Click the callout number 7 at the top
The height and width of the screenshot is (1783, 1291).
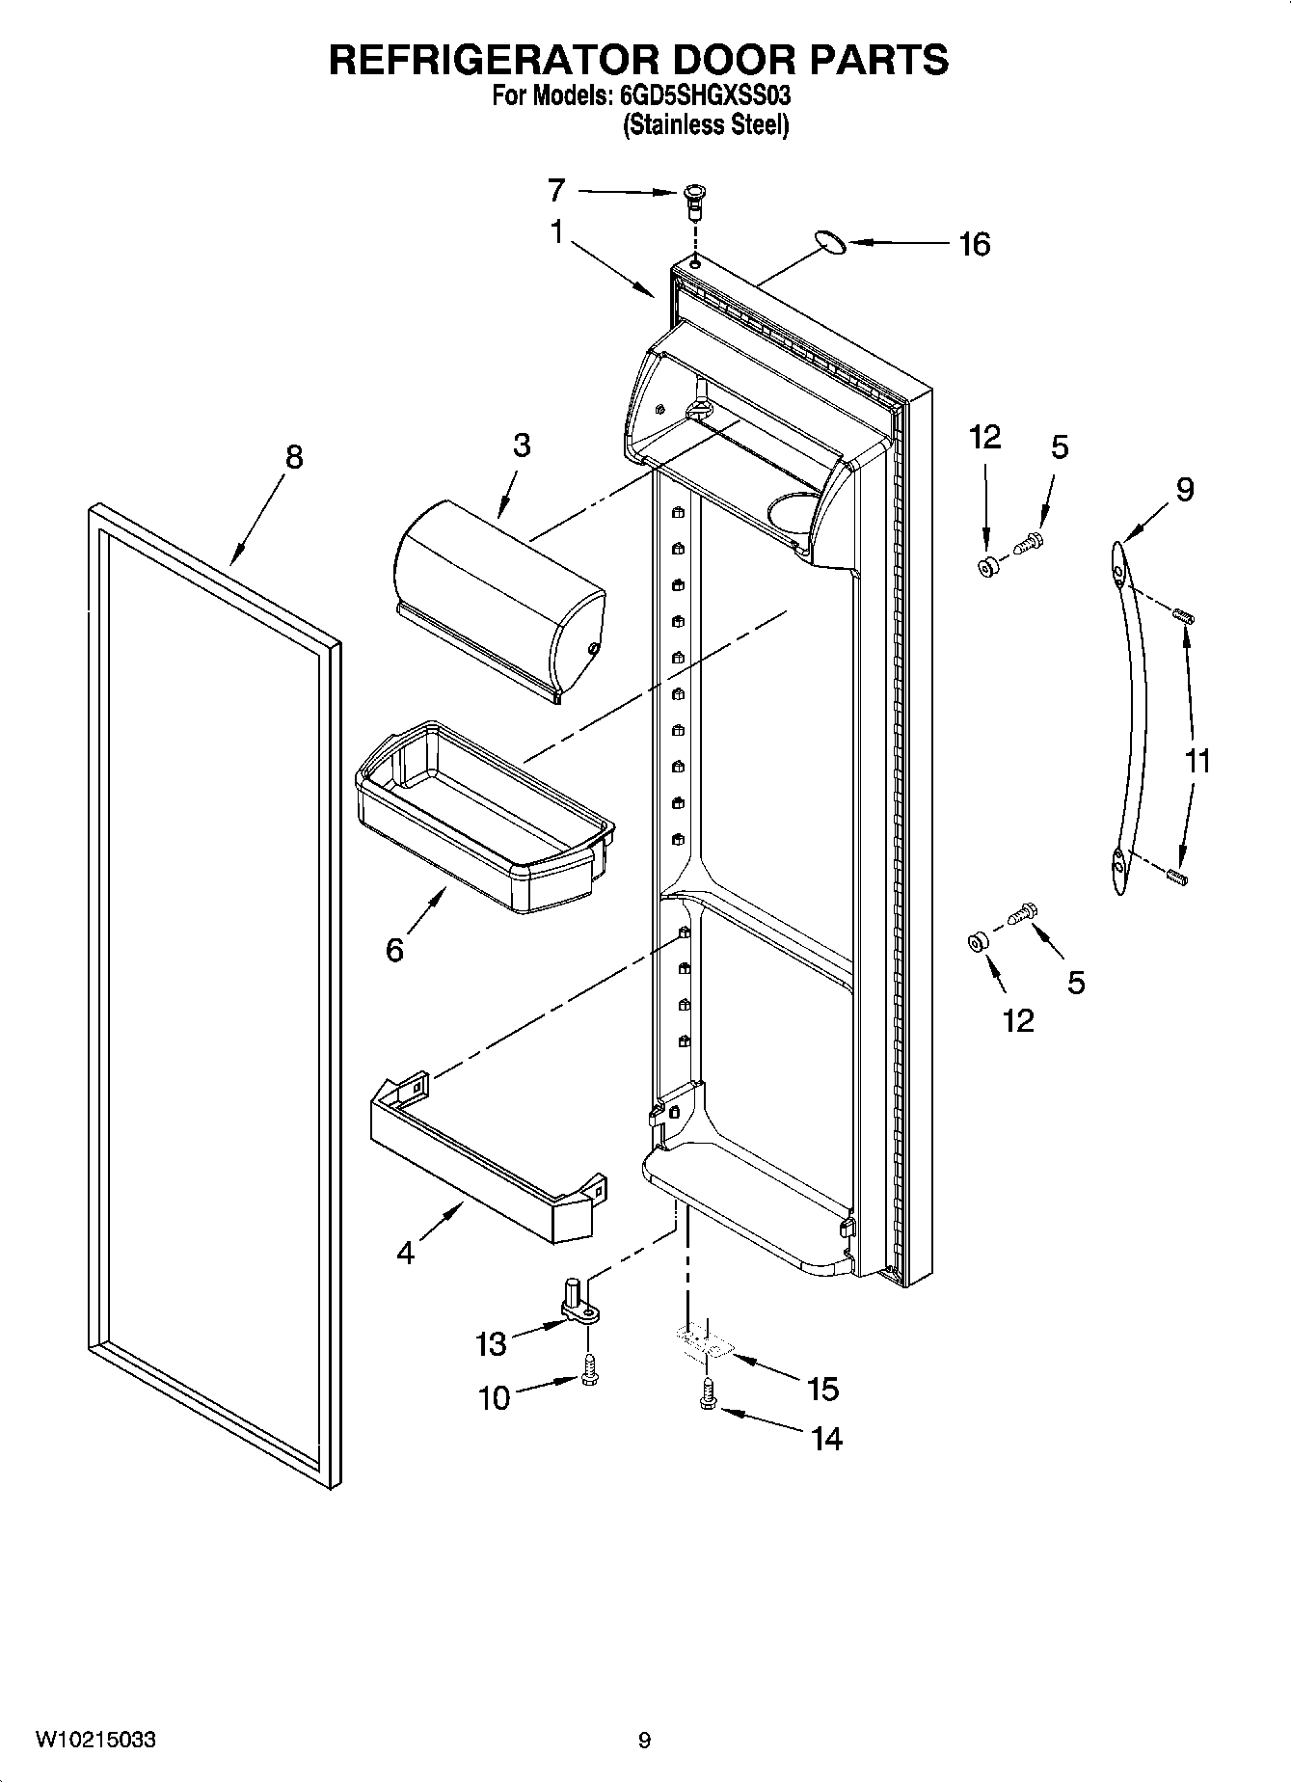[556, 191]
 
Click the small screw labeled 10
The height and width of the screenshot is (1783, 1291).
[589, 1370]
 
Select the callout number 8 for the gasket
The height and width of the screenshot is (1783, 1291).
[293, 456]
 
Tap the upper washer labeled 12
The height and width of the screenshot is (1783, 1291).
[987, 567]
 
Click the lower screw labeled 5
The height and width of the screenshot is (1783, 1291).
[1021, 911]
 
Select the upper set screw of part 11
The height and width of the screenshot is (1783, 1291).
[1184, 615]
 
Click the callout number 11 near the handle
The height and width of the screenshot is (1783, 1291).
[1197, 761]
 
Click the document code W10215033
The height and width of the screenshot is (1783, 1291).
[95, 1740]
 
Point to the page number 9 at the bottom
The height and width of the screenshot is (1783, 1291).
[644, 1741]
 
